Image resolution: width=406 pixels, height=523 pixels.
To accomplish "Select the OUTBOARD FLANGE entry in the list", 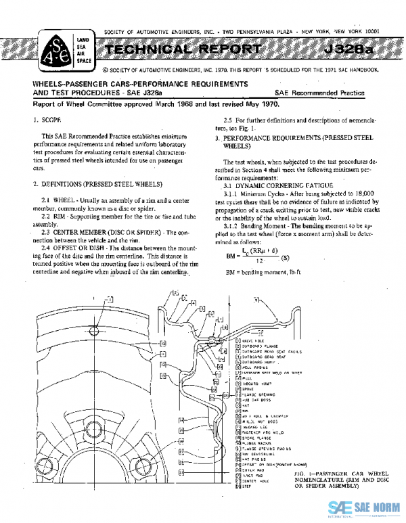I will pyautogui.click(x=259, y=346).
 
